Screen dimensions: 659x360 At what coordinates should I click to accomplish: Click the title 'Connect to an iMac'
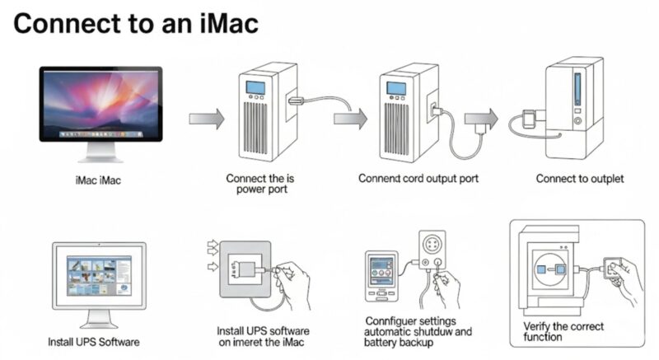pyautogui.click(x=136, y=24)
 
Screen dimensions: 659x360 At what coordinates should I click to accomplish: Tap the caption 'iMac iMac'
pyautogui.click(x=98, y=180)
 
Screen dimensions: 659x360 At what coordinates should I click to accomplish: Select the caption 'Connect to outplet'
pyautogui.click(x=580, y=179)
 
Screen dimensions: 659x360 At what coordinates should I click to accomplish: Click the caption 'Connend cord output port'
pyautogui.click(x=418, y=179)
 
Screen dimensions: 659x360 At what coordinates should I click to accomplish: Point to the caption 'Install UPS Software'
pyautogui.click(x=94, y=342)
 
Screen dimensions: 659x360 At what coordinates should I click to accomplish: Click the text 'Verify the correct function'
pyautogui.click(x=563, y=331)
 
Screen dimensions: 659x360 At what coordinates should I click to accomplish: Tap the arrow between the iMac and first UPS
pyautogui.click(x=207, y=119)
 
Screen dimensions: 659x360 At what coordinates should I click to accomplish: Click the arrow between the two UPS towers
pyautogui.click(x=350, y=119)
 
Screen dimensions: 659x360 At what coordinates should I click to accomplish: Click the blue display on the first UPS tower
pyautogui.click(x=255, y=87)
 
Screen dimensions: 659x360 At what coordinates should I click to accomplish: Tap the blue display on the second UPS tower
pyautogui.click(x=396, y=88)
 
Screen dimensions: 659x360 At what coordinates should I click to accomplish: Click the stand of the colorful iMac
pyautogui.click(x=100, y=152)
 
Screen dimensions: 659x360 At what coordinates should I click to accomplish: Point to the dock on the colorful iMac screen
pyautogui.click(x=100, y=134)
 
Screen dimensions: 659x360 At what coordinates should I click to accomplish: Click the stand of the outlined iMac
pyautogui.click(x=99, y=319)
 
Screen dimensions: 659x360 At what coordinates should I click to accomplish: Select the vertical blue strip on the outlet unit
pyautogui.click(x=577, y=89)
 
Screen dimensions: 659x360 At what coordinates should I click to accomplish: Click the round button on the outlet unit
pyautogui.click(x=578, y=121)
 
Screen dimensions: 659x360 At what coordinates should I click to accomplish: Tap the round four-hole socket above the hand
pyautogui.click(x=432, y=243)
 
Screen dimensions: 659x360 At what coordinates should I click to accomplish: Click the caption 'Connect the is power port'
pyautogui.click(x=260, y=184)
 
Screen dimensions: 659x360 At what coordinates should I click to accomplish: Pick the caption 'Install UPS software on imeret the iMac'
pyautogui.click(x=262, y=336)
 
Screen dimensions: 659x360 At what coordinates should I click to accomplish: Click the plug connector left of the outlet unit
pyautogui.click(x=529, y=119)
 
